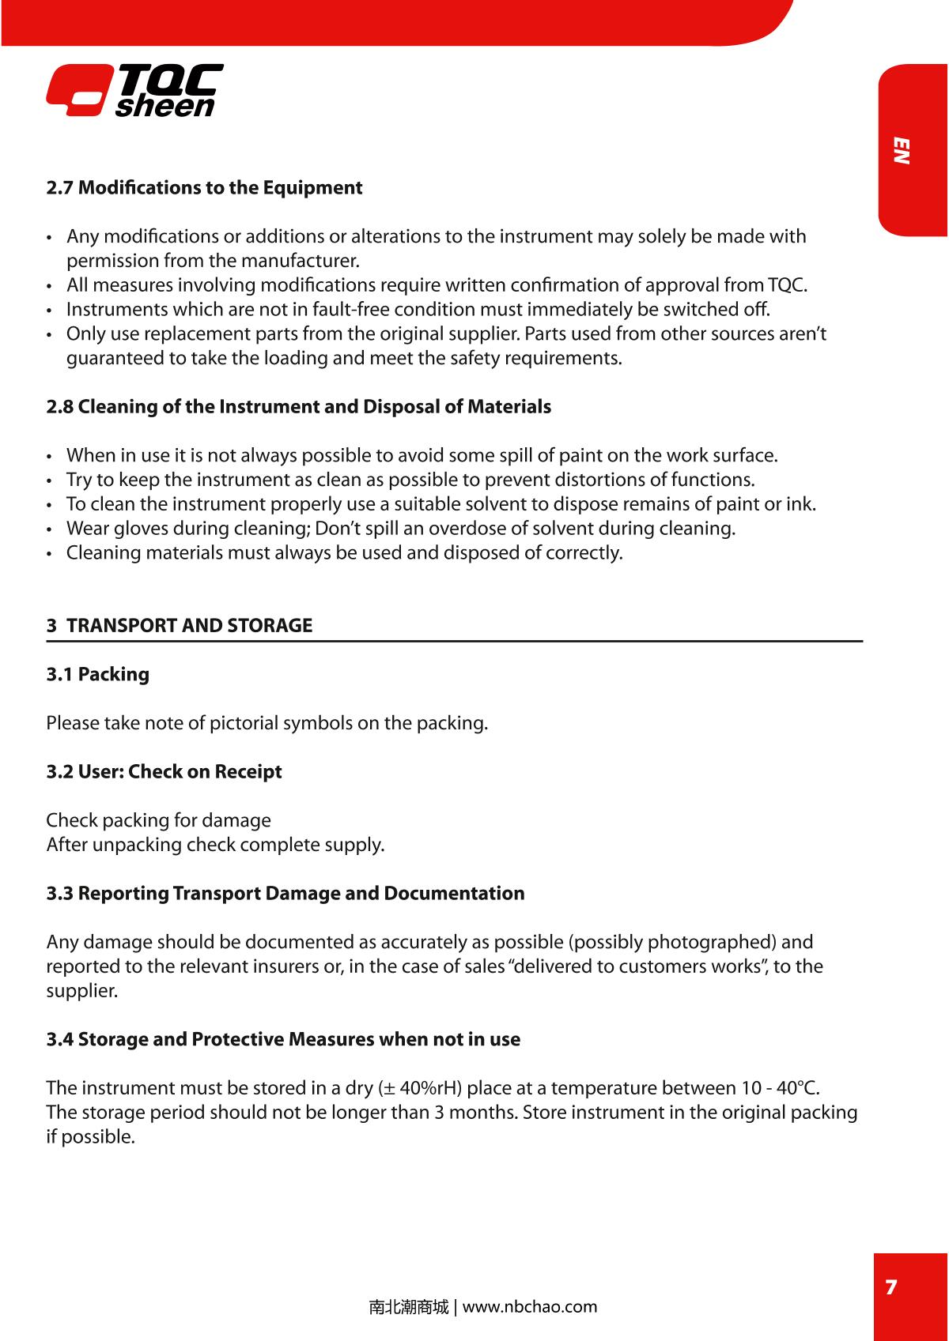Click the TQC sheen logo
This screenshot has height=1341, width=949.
tap(134, 90)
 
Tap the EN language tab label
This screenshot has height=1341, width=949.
tap(902, 151)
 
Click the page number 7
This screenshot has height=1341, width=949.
tap(891, 1287)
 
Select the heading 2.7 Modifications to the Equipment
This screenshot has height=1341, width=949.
tap(204, 188)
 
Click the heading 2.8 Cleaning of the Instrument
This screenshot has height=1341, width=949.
tap(298, 407)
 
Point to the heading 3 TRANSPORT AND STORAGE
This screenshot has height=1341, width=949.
tap(180, 626)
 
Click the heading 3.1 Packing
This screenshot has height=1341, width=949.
tap(97, 674)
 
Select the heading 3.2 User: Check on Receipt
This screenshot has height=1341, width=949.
tap(164, 771)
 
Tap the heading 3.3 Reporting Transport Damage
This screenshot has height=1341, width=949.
tap(285, 893)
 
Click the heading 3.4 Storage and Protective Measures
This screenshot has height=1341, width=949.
tap(283, 1039)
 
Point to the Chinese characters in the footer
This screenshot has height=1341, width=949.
tap(408, 1307)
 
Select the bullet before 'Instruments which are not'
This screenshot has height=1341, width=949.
tap(51, 310)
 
